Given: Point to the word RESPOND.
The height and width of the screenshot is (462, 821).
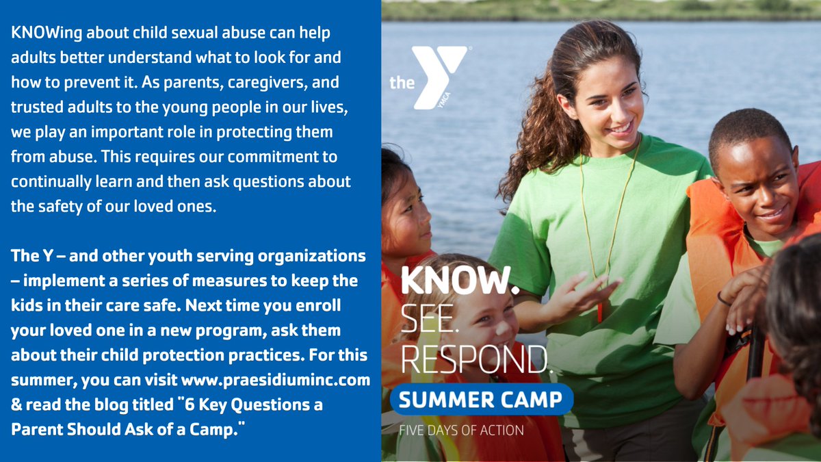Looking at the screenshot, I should (474, 357).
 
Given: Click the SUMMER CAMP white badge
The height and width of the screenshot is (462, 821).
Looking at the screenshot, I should (481, 400).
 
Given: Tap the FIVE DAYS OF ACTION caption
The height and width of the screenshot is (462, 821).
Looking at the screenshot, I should (461, 431).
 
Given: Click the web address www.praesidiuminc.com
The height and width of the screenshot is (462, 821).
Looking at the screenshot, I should (276, 379).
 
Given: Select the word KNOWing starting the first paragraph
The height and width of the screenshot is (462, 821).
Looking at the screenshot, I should (45, 33).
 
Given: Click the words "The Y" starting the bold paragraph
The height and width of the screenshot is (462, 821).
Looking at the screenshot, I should (29, 256).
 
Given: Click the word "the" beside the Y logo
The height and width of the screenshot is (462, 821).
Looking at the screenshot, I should (402, 83).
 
